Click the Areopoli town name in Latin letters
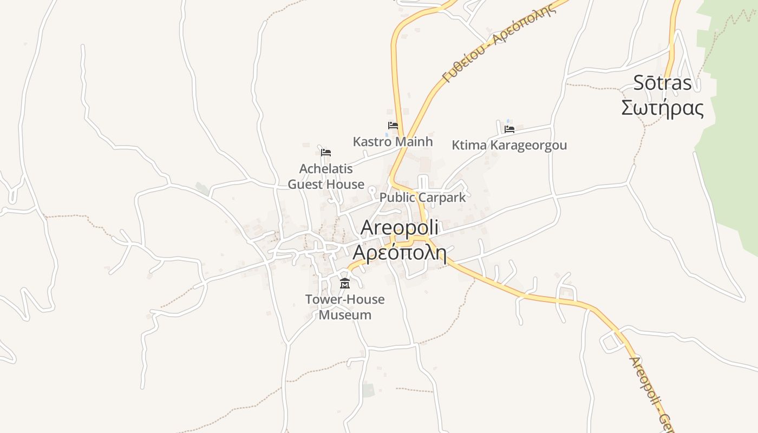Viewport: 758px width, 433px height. [399, 228]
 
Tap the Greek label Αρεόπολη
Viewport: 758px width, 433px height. [399, 253]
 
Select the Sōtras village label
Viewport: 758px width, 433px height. [663, 83]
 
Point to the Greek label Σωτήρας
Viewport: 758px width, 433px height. [662, 108]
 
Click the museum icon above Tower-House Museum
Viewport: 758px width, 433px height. [344, 283]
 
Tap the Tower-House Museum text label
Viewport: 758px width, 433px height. [345, 307]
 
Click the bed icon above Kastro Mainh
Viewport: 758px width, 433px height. [393, 126]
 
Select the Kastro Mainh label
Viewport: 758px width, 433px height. [393, 142]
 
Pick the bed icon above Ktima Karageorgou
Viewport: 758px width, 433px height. [509, 129]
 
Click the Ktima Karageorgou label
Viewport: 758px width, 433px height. [509, 146]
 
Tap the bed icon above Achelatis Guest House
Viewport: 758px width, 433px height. [325, 153]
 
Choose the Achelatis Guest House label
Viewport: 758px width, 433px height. [326, 177]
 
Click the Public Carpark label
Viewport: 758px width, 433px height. [422, 198]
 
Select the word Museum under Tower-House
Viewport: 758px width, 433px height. [345, 315]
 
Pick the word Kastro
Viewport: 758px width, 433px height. [371, 142]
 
